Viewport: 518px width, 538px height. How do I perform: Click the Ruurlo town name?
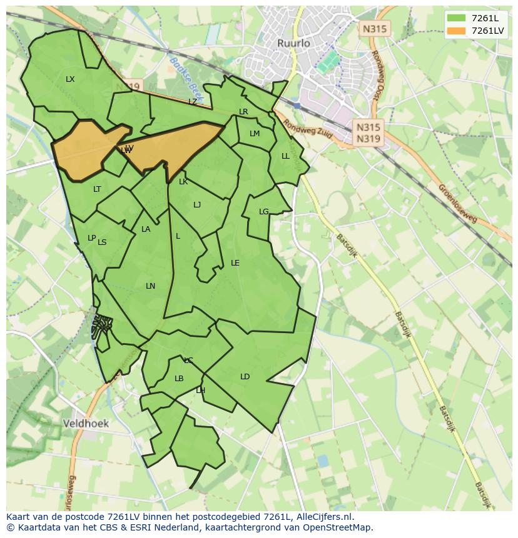pyautogui.click(x=293, y=43)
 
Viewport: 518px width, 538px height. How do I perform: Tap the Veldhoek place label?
pyautogui.click(x=86, y=423)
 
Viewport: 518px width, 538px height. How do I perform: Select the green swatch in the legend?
pyautogui.click(x=457, y=17)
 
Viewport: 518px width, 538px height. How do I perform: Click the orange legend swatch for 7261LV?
pyautogui.click(x=457, y=31)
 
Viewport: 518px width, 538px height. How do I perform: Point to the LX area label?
pyautogui.click(x=70, y=79)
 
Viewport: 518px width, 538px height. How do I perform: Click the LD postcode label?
pyautogui.click(x=245, y=376)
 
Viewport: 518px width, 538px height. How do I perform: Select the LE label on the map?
pyautogui.click(x=235, y=263)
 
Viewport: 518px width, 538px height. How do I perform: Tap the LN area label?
pyautogui.click(x=150, y=286)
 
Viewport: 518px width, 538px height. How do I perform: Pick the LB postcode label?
pyautogui.click(x=179, y=379)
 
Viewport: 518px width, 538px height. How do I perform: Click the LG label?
pyautogui.click(x=263, y=212)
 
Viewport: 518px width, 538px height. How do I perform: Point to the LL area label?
pyautogui.click(x=285, y=156)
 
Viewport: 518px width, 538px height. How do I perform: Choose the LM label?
pyautogui.click(x=254, y=134)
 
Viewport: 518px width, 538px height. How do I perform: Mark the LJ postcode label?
pyautogui.click(x=197, y=205)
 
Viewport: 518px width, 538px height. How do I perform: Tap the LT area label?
pyautogui.click(x=97, y=189)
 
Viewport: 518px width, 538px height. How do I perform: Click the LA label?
pyautogui.click(x=146, y=229)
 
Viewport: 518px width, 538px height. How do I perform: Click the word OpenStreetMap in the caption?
pyautogui.click(x=338, y=527)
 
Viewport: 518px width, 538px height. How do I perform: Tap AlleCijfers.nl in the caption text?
pyautogui.click(x=322, y=517)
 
